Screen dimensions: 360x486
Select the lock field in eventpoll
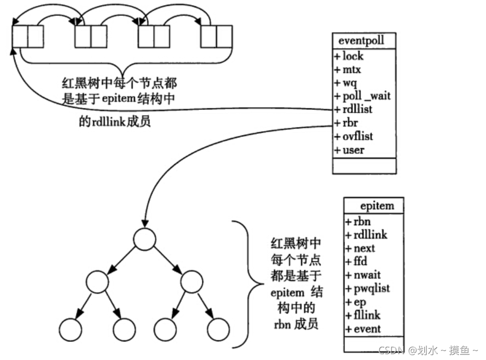coord(353,55)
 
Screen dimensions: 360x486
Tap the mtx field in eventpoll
coord(352,68)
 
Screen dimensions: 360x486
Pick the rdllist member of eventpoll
coord(356,109)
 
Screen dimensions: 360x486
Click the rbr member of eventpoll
coord(351,122)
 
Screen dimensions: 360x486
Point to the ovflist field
coord(357,136)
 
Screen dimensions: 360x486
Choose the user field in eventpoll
coord(353,150)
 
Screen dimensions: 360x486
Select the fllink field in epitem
coord(365,315)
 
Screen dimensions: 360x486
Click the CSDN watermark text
coord(428,350)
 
